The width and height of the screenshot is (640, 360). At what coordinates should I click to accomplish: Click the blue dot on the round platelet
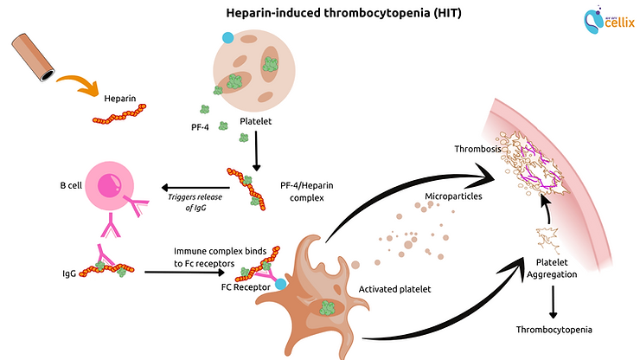coord(227,37)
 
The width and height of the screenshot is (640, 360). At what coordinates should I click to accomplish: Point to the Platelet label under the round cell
coord(257,122)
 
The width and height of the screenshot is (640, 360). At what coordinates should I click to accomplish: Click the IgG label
coord(68,273)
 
